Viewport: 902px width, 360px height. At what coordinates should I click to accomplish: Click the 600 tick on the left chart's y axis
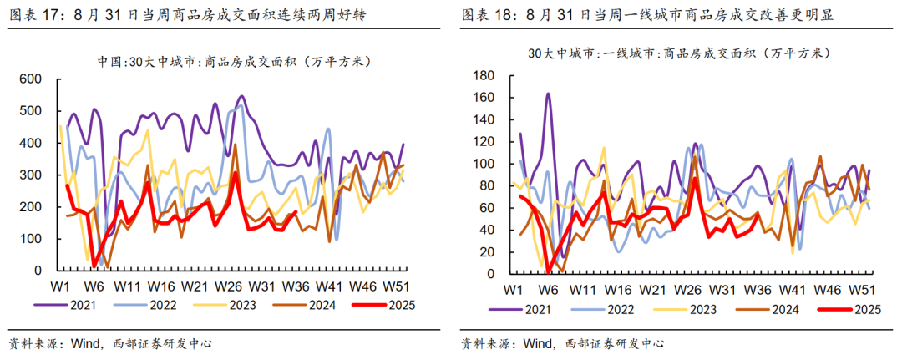point(31,79)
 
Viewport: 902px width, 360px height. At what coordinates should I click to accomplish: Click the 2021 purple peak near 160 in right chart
point(548,94)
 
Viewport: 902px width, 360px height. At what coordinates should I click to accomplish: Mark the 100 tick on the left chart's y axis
point(31,239)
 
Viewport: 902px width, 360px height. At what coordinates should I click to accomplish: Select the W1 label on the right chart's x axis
point(512,290)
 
